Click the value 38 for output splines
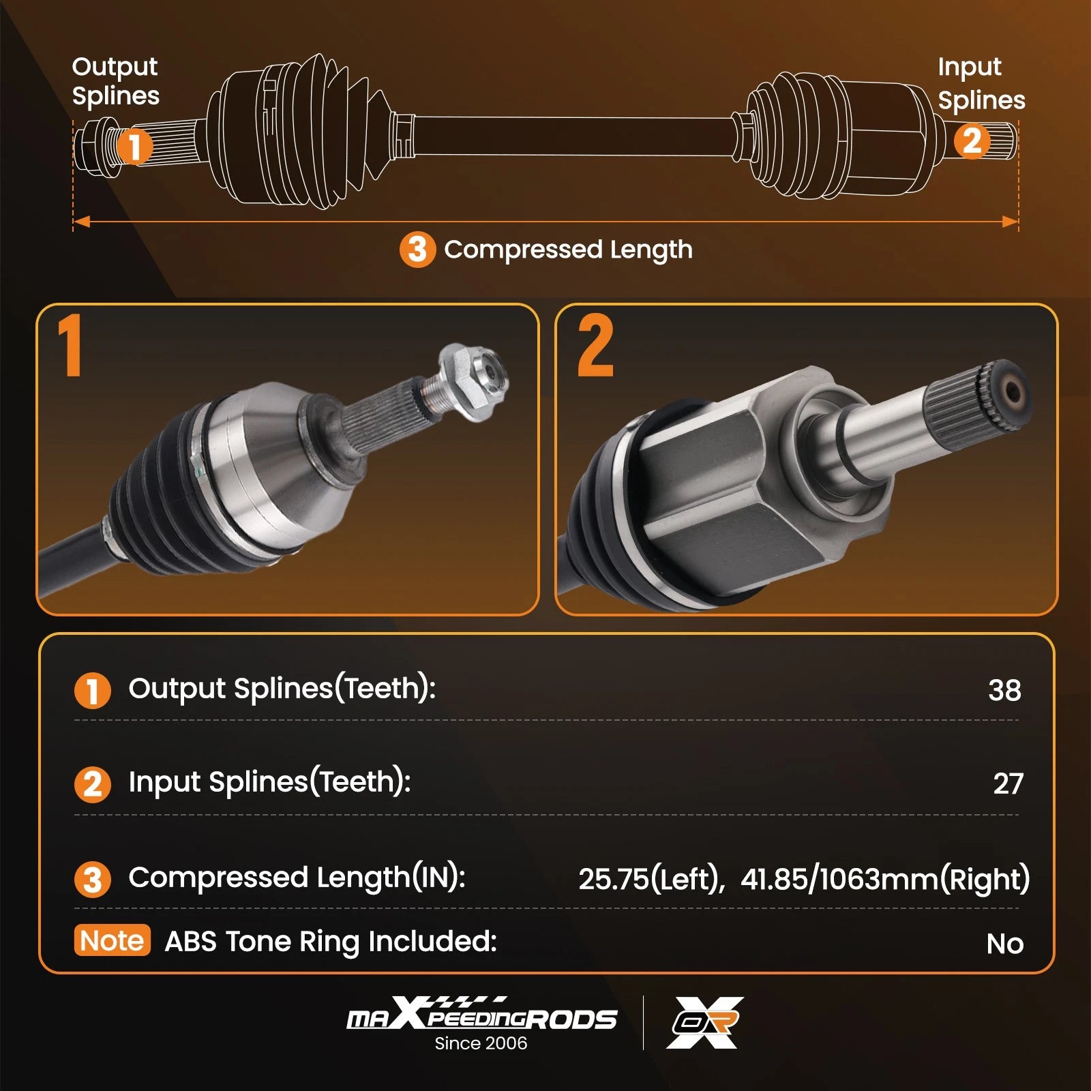(x=1004, y=690)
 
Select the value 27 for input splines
(x=1008, y=784)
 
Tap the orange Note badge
(x=112, y=940)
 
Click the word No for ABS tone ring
(x=1005, y=944)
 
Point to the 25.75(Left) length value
(x=651, y=879)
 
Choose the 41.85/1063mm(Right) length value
(x=885, y=879)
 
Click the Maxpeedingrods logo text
(x=482, y=1014)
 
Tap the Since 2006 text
(x=481, y=1043)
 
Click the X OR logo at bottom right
(x=705, y=1022)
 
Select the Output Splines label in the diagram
(x=115, y=81)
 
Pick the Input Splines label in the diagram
(x=981, y=83)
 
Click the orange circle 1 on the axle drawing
(x=135, y=146)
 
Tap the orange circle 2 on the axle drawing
(x=972, y=141)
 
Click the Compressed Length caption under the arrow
(x=568, y=250)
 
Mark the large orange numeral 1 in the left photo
(x=70, y=345)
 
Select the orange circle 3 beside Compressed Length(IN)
(x=93, y=879)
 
